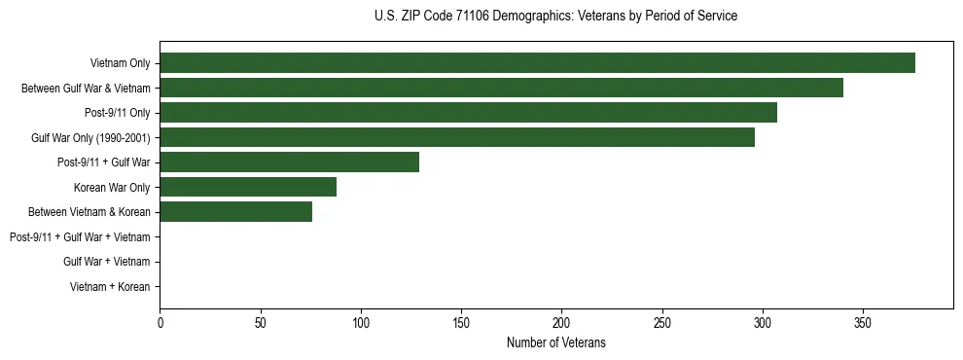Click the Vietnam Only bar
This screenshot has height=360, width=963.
coord(537,63)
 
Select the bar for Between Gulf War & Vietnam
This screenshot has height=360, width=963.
coord(501,89)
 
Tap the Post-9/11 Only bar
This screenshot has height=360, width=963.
coord(468,113)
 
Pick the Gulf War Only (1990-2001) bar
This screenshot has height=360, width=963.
coord(457,137)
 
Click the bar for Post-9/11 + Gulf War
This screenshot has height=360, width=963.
coord(289,162)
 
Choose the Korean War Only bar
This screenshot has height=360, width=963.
coord(248,187)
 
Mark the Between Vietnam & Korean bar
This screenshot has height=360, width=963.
coord(235,212)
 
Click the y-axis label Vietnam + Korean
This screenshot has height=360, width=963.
coord(110,287)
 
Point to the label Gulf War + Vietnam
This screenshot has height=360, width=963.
coord(106,262)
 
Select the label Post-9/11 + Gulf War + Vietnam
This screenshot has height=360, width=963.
coord(80,237)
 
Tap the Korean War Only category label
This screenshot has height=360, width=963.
coord(112,188)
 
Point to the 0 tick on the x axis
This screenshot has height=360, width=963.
coord(160,322)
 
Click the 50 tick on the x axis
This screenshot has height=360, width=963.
coord(260,322)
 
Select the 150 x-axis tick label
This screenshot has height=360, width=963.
coord(461,322)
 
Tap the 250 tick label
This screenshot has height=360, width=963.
coord(661,322)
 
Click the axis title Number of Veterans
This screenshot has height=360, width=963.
coord(555,342)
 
